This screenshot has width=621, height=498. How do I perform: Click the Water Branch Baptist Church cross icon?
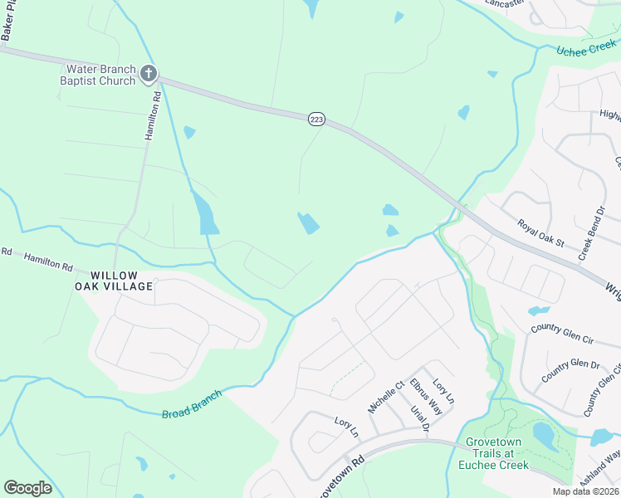149,75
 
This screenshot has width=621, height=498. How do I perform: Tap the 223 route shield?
316,120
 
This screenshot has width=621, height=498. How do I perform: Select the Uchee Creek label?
586,51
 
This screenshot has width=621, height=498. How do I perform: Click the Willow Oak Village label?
121,281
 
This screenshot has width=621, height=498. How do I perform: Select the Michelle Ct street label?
385,398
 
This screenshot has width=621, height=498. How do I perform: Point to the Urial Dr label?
419,418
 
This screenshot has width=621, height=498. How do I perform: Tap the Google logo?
27,487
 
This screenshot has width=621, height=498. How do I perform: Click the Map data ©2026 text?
586,491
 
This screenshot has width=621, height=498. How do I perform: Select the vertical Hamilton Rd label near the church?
152,116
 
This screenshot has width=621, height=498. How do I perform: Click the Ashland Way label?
603,469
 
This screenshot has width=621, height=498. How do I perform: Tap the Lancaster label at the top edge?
506,3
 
